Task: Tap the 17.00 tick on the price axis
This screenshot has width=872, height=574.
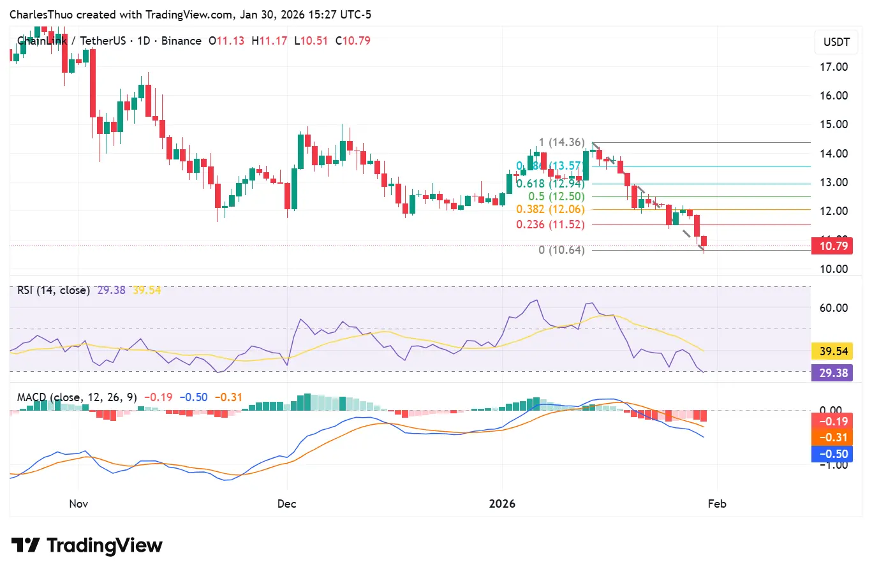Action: [833, 67]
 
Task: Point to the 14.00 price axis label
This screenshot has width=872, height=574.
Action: [833, 154]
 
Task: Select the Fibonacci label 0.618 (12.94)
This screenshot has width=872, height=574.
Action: [551, 184]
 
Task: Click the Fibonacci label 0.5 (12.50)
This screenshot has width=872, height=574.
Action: [556, 196]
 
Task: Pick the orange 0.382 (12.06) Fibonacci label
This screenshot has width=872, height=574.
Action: [551, 209]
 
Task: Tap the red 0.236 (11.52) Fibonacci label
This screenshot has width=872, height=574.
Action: [551, 224]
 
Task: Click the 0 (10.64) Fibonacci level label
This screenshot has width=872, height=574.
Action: [561, 250]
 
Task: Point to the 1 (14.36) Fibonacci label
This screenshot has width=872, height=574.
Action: [561, 143]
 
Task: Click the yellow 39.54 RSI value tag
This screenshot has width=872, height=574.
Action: [833, 351]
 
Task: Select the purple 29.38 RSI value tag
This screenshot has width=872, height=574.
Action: [833, 373]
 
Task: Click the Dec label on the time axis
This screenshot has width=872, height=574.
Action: [287, 504]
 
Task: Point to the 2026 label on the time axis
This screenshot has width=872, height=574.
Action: [502, 504]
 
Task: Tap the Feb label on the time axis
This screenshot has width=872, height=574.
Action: [717, 504]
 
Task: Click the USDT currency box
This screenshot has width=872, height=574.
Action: [836, 42]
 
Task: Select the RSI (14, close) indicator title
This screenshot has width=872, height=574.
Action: [54, 290]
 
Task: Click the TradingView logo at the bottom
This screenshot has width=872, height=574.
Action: [87, 546]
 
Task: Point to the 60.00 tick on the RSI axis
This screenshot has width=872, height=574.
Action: [833, 308]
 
